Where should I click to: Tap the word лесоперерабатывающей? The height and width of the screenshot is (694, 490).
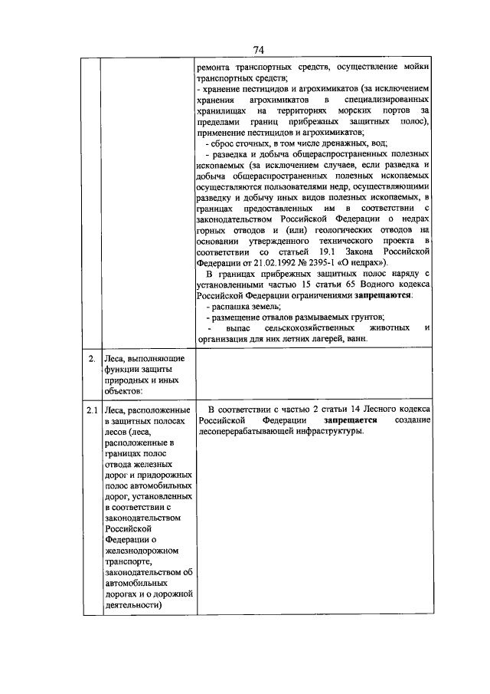coord(248,432)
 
